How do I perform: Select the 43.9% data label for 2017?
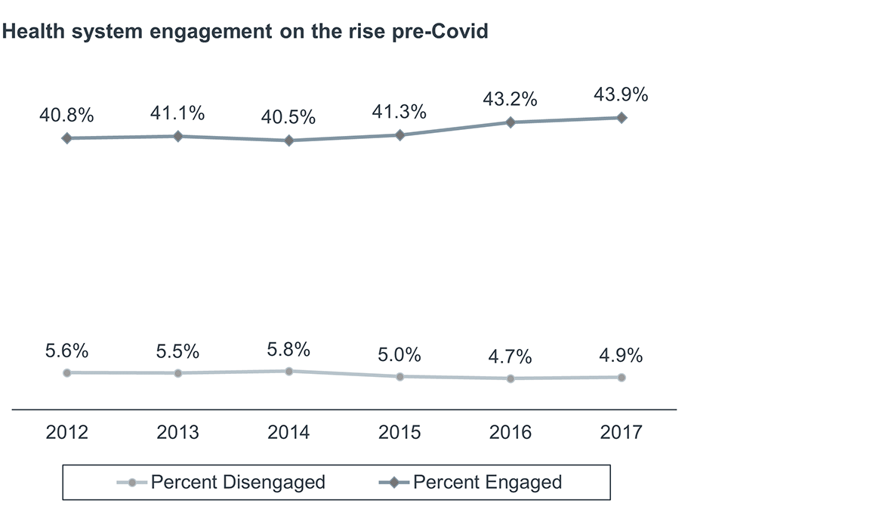coord(622,96)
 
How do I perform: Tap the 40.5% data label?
coord(289,119)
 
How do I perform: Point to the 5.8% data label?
coord(289,350)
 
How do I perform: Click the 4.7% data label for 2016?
coord(511,357)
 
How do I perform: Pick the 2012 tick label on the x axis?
coord(67,432)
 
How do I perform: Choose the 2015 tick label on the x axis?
coord(400,432)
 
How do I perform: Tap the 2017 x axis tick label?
coord(622,432)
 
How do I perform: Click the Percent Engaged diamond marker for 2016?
coord(511,122)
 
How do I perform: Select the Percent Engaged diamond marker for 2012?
coord(67,138)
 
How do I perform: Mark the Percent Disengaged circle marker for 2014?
coord(289,371)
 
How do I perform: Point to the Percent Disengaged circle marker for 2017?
coord(622,377)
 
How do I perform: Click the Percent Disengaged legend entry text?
coord(238,482)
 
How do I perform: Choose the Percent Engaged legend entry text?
coord(487,482)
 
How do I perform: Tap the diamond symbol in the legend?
coord(393,483)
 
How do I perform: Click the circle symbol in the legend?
coord(133,483)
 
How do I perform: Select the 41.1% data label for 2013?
coord(178,114)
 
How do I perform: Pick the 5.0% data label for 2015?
coord(400,355)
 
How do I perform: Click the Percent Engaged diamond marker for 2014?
coord(289,141)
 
